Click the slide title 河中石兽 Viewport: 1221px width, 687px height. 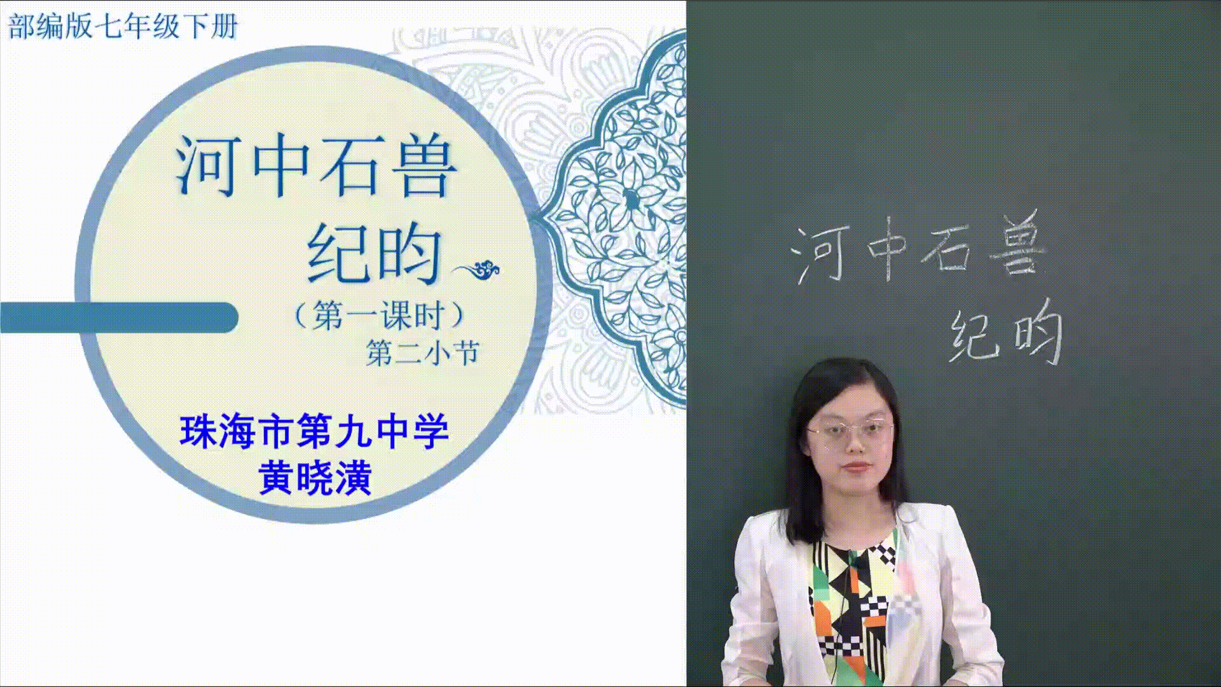coord(316,167)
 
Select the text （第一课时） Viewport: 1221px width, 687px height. coord(379,314)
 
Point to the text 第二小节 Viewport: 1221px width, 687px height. coord(422,353)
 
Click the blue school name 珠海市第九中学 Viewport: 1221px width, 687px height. coord(315,432)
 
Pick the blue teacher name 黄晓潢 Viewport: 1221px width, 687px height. coord(315,478)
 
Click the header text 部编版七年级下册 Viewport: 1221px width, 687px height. coord(122,27)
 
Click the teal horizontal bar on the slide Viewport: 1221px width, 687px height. coord(119,317)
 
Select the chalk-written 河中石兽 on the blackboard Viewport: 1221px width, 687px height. coord(918,249)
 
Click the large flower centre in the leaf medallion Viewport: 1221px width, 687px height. coord(633,199)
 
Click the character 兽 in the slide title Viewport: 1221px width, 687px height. coord(425,167)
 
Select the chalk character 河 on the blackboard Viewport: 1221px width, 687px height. coord(820,254)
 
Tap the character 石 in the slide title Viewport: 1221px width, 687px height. coord(355,167)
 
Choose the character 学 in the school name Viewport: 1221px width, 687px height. coord(431,432)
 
